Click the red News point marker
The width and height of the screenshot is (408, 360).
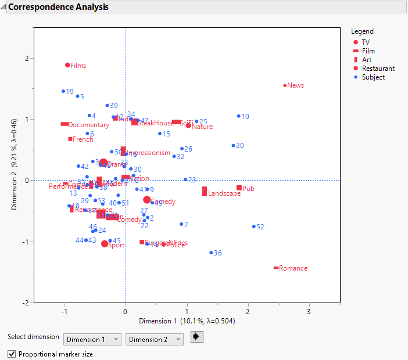coord(285,85)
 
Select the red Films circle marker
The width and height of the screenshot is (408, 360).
coord(67,65)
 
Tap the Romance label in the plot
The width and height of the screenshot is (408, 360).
coord(293,268)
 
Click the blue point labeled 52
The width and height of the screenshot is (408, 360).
coord(254,226)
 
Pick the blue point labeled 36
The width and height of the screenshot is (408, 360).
coord(211,253)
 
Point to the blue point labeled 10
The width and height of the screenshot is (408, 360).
coord(238,116)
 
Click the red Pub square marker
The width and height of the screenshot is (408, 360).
coord(239,188)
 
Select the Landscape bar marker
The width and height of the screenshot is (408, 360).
coord(205,191)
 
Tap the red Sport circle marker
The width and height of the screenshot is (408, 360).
coord(105,244)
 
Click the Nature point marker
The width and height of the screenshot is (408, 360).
coord(188,125)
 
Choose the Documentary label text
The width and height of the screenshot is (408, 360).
coord(88,125)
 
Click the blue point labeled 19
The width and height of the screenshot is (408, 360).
coord(63,91)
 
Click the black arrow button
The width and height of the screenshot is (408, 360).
coord(197,337)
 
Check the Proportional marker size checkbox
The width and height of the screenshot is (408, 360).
coord(12,354)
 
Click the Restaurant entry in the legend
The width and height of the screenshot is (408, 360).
coord(378,69)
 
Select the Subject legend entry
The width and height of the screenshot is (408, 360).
coord(373,77)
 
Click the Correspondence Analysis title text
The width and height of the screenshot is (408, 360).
coord(58,8)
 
